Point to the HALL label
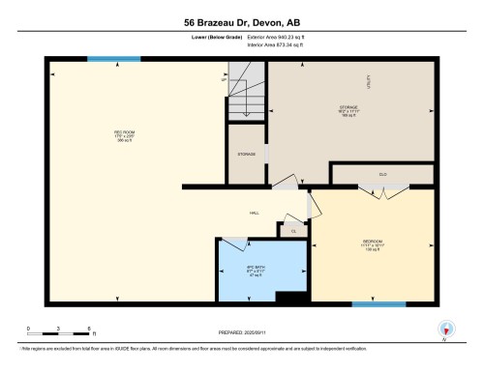coord(255,212)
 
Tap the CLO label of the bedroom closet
coord(384,175)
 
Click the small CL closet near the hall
coord(292,231)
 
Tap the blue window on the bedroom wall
coord(378,304)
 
